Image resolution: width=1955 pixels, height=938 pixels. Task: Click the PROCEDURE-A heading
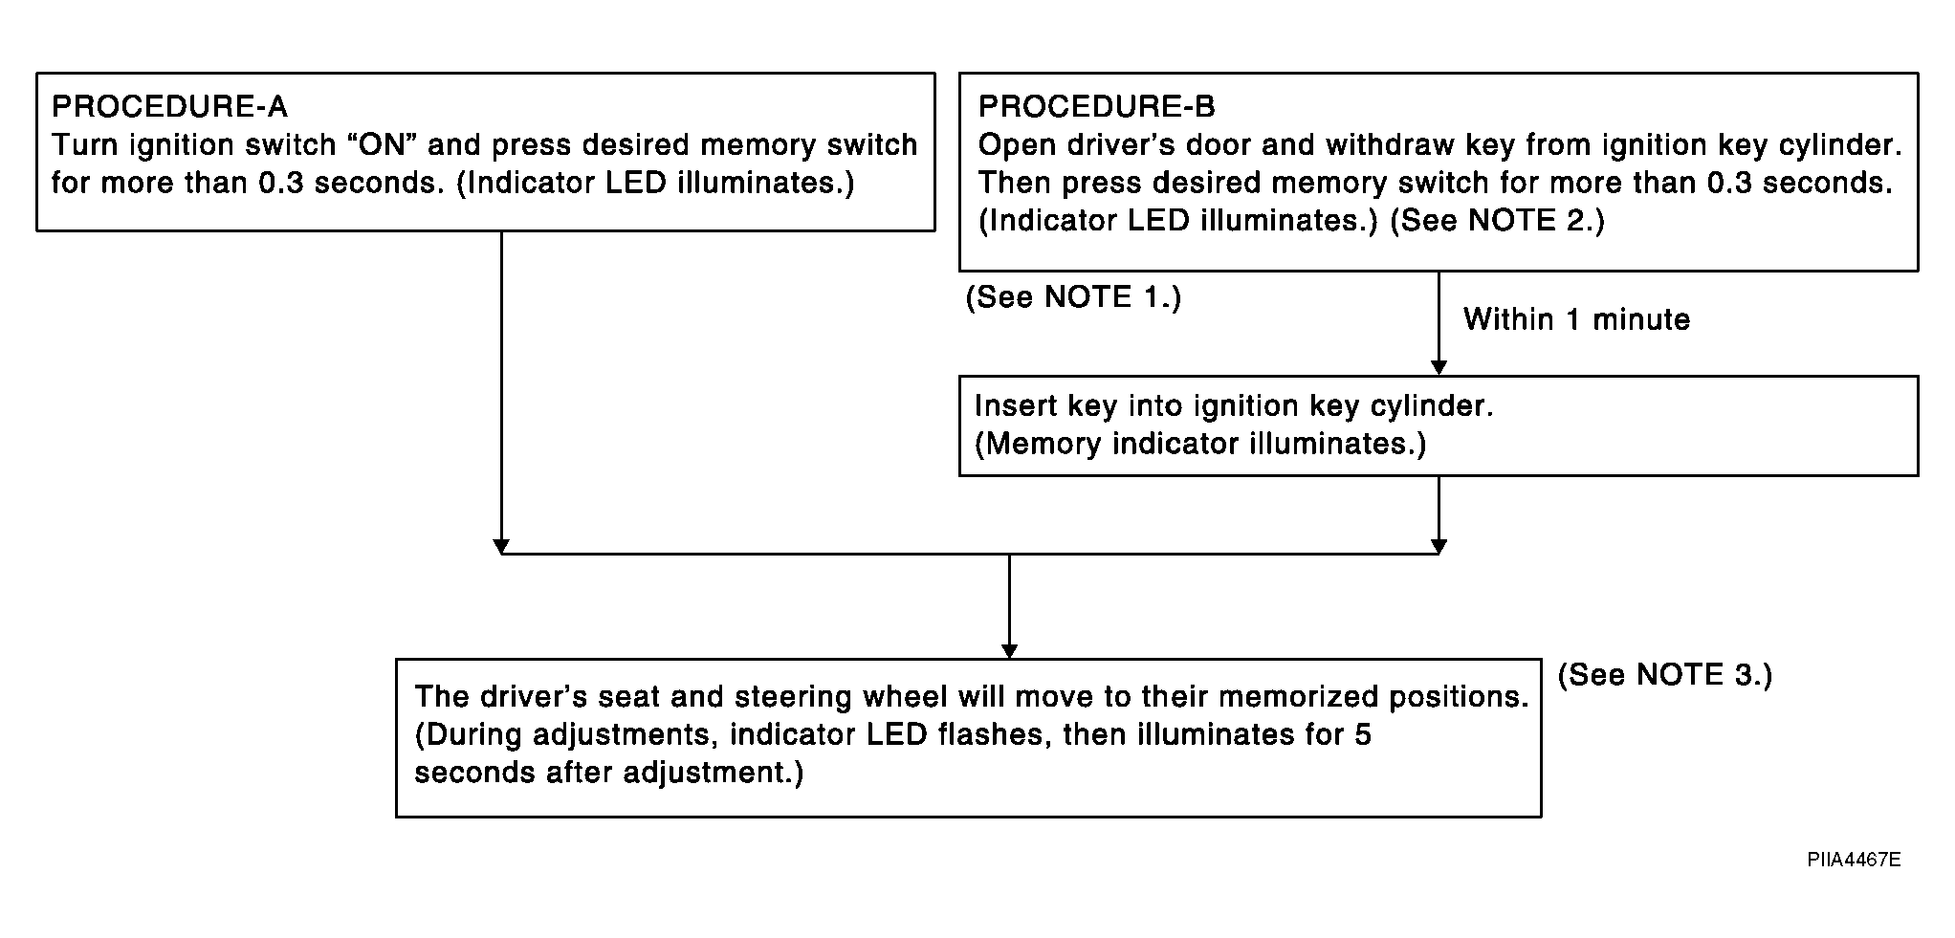click(169, 106)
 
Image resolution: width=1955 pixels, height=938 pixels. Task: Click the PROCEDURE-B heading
click(1097, 106)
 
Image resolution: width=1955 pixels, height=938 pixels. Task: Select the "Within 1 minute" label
click(1576, 319)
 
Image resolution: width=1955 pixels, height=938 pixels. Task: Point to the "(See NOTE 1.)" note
click(1073, 297)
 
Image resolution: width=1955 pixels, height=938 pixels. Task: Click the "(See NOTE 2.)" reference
click(1497, 221)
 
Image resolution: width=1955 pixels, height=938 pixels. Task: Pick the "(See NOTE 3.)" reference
click(1665, 675)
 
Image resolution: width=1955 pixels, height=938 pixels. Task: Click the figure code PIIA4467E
click(1854, 860)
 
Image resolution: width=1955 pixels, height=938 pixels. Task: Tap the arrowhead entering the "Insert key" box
click(1439, 368)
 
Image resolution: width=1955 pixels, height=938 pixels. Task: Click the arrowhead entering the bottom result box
click(1009, 651)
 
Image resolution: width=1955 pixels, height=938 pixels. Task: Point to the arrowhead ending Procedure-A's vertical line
click(501, 546)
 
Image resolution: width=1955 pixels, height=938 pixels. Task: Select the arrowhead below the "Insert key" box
click(1439, 546)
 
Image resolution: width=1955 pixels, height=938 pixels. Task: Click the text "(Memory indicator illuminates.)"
click(1200, 445)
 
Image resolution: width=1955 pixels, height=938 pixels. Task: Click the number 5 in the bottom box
click(1363, 735)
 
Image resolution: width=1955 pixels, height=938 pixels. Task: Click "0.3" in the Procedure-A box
click(282, 183)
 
